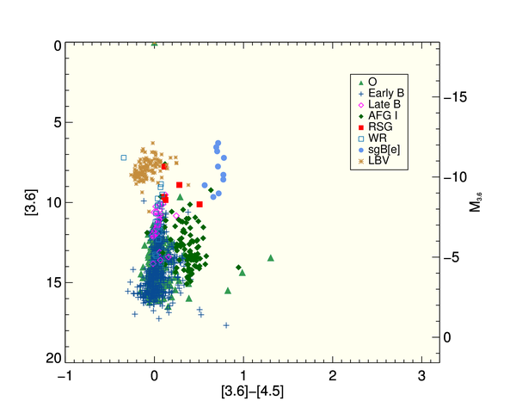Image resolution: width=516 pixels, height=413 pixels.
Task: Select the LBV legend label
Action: coord(376,160)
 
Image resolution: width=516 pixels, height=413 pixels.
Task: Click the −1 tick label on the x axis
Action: coord(63,376)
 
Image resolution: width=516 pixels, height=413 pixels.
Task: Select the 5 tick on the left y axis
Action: coord(53,123)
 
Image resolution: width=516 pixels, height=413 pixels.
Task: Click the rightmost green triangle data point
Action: coord(271,257)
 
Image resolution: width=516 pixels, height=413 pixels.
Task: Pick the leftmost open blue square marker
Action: coord(124,157)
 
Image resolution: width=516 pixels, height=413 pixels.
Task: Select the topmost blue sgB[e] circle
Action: coord(218,143)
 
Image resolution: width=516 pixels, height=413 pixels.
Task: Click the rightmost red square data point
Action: coord(200,204)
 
